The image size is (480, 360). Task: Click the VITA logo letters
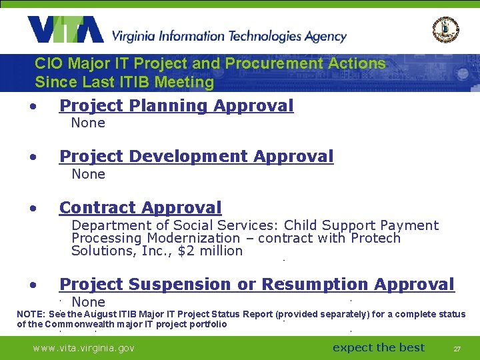pyautogui.click(x=65, y=29)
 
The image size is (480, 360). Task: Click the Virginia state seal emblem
pyautogui.click(x=445, y=29)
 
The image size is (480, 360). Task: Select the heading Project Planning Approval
pyautogui.click(x=176, y=105)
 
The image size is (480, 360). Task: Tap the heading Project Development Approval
pyautogui.click(x=196, y=157)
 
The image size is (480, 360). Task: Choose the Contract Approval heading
pyautogui.click(x=140, y=208)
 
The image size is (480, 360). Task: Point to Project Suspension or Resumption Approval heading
pyautogui.click(x=257, y=285)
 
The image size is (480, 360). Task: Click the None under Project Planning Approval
pyautogui.click(x=88, y=123)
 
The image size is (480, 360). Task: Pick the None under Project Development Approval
pyautogui.click(x=88, y=174)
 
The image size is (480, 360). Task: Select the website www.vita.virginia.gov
pyautogui.click(x=83, y=348)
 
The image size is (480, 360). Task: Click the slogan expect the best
pyautogui.click(x=379, y=347)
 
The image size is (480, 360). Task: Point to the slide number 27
pyautogui.click(x=457, y=349)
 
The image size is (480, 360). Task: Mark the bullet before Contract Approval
pyautogui.click(x=32, y=209)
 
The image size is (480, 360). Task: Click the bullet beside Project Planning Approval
pyautogui.click(x=32, y=106)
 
